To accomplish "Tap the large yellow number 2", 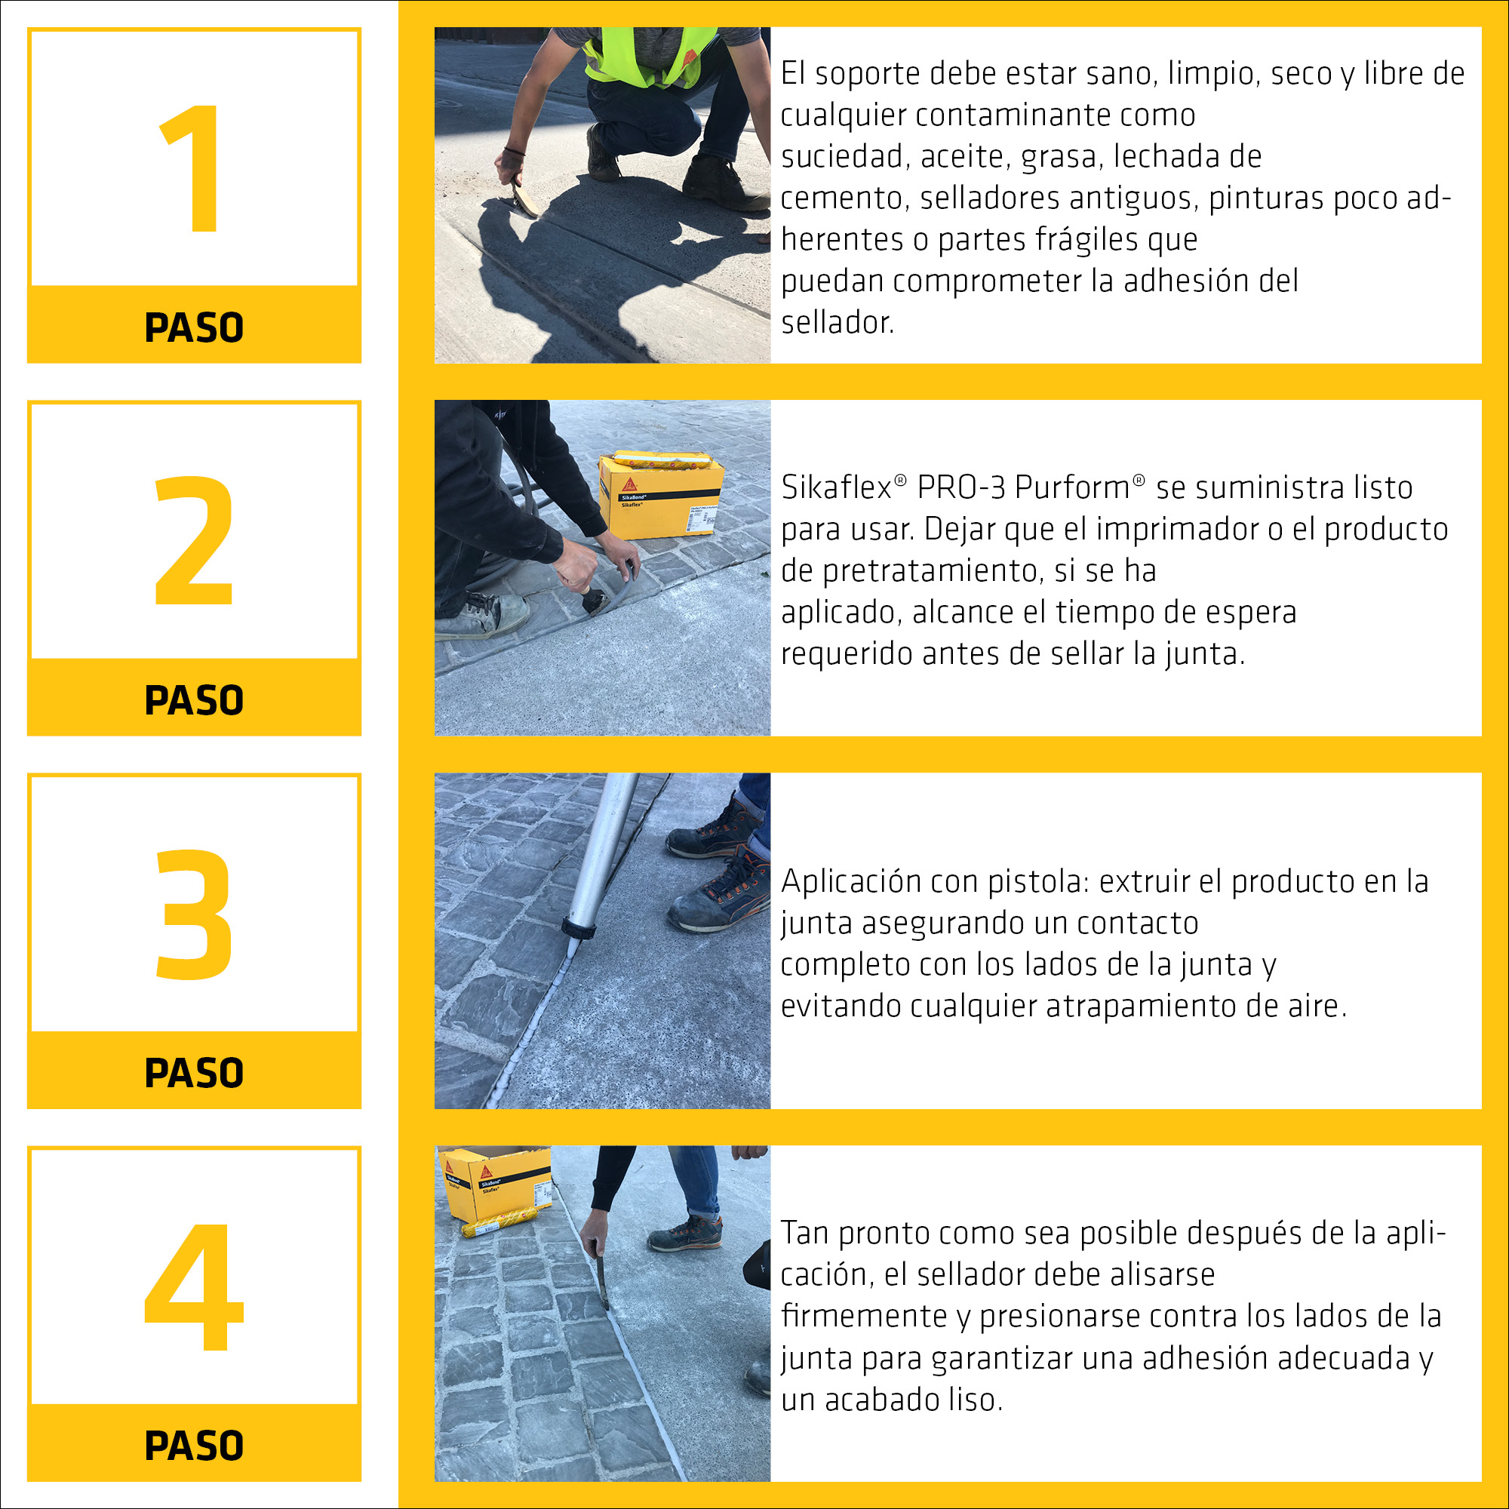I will [194, 540].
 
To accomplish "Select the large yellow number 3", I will [194, 913].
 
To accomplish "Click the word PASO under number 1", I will [194, 327].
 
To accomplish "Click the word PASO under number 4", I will [194, 1446].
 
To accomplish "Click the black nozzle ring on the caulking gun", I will [579, 929].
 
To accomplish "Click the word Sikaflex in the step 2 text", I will [836, 488].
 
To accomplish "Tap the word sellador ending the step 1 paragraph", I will [837, 323].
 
